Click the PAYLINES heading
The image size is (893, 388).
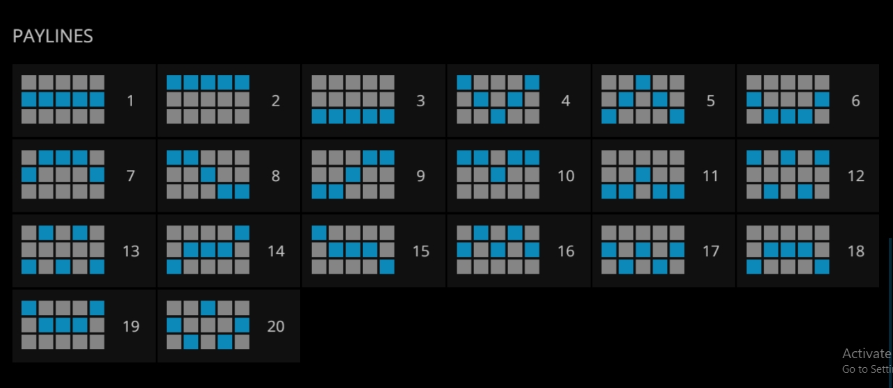[53, 37]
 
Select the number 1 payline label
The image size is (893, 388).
[131, 101]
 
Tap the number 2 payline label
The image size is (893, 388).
[276, 101]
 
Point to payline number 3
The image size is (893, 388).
[420, 101]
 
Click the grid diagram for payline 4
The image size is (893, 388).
[498, 100]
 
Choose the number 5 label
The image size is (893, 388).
[710, 101]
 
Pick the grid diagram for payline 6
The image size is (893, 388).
[788, 100]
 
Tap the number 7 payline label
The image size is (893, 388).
[131, 176]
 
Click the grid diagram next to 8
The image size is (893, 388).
[208, 175]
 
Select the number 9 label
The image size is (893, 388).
[420, 176]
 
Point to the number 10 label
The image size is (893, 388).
[566, 176]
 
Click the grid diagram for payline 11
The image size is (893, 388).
[643, 175]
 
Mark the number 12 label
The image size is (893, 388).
[855, 176]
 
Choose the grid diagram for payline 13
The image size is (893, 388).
[63, 250]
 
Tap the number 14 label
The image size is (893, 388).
[276, 251]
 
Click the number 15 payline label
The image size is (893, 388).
[420, 251]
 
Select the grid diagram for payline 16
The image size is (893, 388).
[498, 250]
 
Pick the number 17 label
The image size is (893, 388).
[710, 251]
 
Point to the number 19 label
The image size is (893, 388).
[131, 326]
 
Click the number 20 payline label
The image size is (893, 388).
[276, 326]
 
